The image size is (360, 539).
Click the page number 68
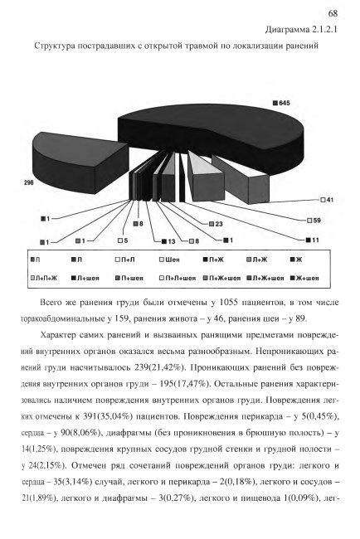333,13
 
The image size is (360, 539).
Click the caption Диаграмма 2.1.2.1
301,30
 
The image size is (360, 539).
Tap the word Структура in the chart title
55,46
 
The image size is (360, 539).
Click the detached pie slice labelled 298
79,162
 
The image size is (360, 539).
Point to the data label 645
284,103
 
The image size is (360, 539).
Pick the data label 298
29,183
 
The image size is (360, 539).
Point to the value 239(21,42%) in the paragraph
159,367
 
